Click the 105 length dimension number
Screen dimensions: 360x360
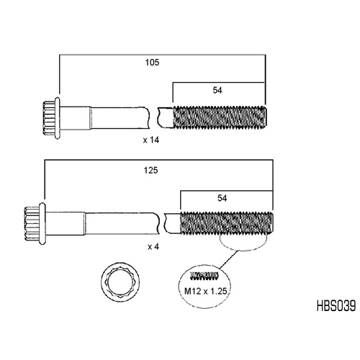pyautogui.click(x=152, y=63)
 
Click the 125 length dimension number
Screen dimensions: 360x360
pyautogui.click(x=150, y=171)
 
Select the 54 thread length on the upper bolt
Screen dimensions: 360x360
pyautogui.click(x=217, y=90)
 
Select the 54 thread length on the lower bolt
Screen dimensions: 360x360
pyautogui.click(x=222, y=198)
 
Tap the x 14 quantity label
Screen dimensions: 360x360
pyautogui.click(x=151, y=140)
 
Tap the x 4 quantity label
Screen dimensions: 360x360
pyautogui.click(x=153, y=246)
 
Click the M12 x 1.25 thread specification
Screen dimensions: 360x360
pyautogui.click(x=205, y=291)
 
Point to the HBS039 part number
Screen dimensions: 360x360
pyautogui.click(x=336, y=306)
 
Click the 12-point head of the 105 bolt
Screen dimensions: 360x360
pyautogui.click(x=49, y=118)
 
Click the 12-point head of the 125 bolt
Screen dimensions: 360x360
pyautogui.click(x=32, y=224)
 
